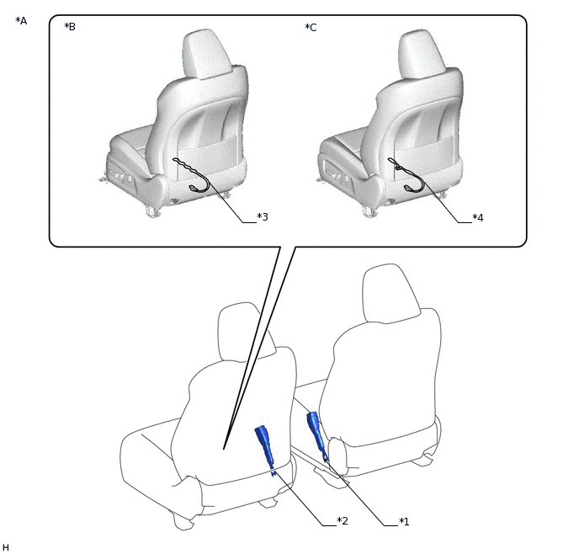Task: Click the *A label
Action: coord(21,21)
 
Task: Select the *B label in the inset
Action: coord(70,27)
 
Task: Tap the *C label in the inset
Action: coord(311,27)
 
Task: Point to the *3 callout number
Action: coord(263,216)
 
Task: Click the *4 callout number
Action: coord(478,217)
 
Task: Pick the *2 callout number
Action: coord(343,521)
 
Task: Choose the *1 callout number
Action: coord(404,521)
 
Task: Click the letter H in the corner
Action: coord(6,547)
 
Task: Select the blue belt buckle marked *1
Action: coord(316,435)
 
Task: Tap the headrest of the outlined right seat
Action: coord(390,292)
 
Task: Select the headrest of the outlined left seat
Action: coord(245,332)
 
